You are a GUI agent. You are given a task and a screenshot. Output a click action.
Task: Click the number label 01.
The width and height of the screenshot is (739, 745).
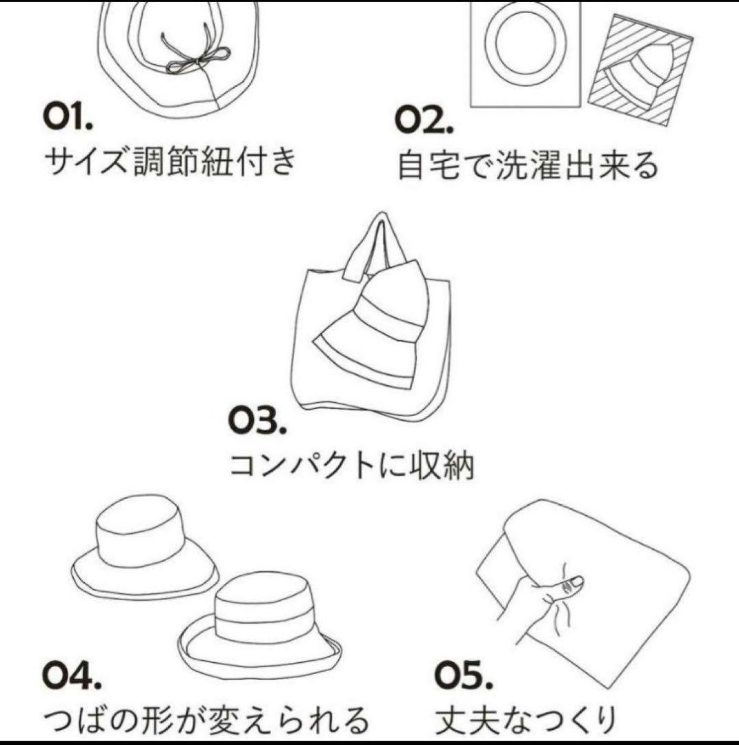pos(67,119)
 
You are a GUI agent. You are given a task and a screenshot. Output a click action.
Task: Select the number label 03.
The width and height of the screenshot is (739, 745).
pos(257,420)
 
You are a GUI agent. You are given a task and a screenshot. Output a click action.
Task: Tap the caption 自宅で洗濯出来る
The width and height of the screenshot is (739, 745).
pos(528,165)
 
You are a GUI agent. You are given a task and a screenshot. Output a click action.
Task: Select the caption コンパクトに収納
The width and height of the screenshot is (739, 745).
pos(351,466)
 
